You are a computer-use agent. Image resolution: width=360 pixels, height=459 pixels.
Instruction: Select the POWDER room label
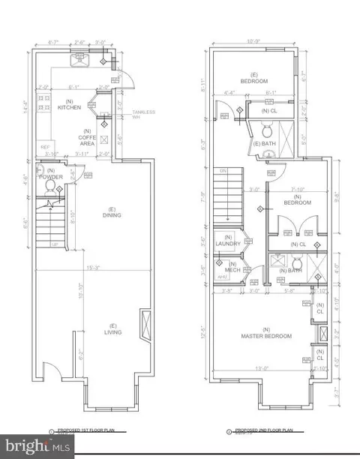tap(51, 177)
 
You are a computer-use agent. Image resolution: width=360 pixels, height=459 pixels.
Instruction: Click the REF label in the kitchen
tap(44, 147)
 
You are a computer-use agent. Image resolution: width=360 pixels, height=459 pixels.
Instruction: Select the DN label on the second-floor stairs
tap(223, 171)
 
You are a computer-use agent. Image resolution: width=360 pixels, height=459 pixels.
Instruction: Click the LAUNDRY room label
tap(227, 243)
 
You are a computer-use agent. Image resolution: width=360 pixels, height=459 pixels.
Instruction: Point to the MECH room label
tap(232, 267)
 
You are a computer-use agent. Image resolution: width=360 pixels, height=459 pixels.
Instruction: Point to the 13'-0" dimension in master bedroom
tap(263, 367)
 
